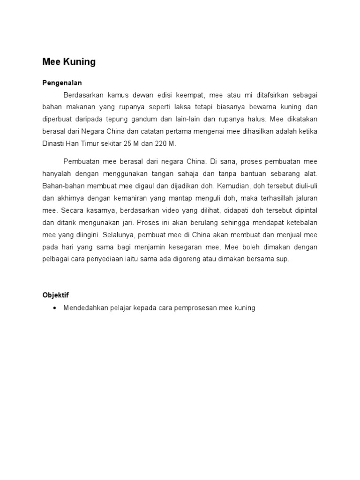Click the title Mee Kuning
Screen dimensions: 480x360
click(69, 62)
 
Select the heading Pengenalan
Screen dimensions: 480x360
click(62, 83)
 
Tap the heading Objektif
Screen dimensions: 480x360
click(56, 295)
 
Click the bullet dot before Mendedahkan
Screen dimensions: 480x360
click(56, 308)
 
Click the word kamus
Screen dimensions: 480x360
click(112, 95)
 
